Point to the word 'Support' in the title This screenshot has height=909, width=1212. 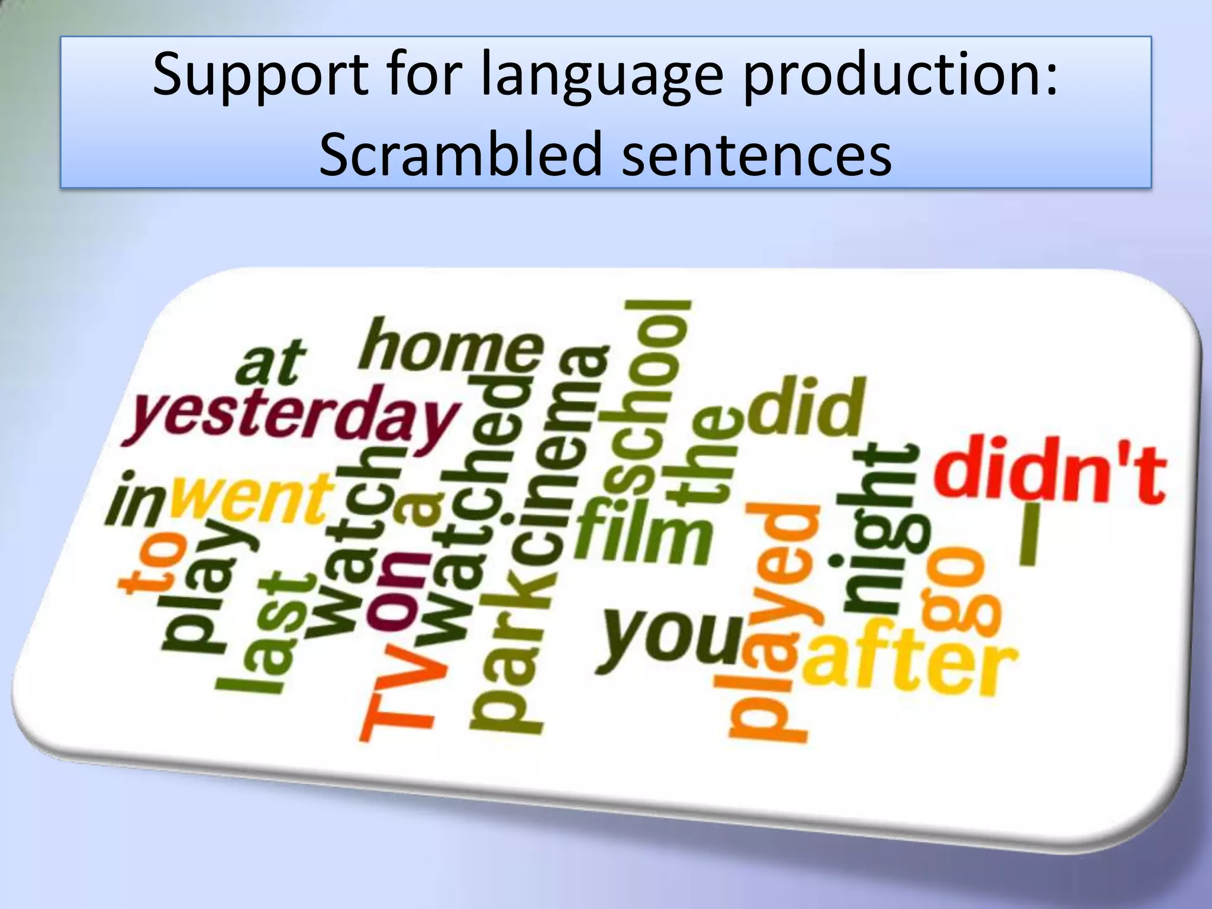point(260,76)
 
